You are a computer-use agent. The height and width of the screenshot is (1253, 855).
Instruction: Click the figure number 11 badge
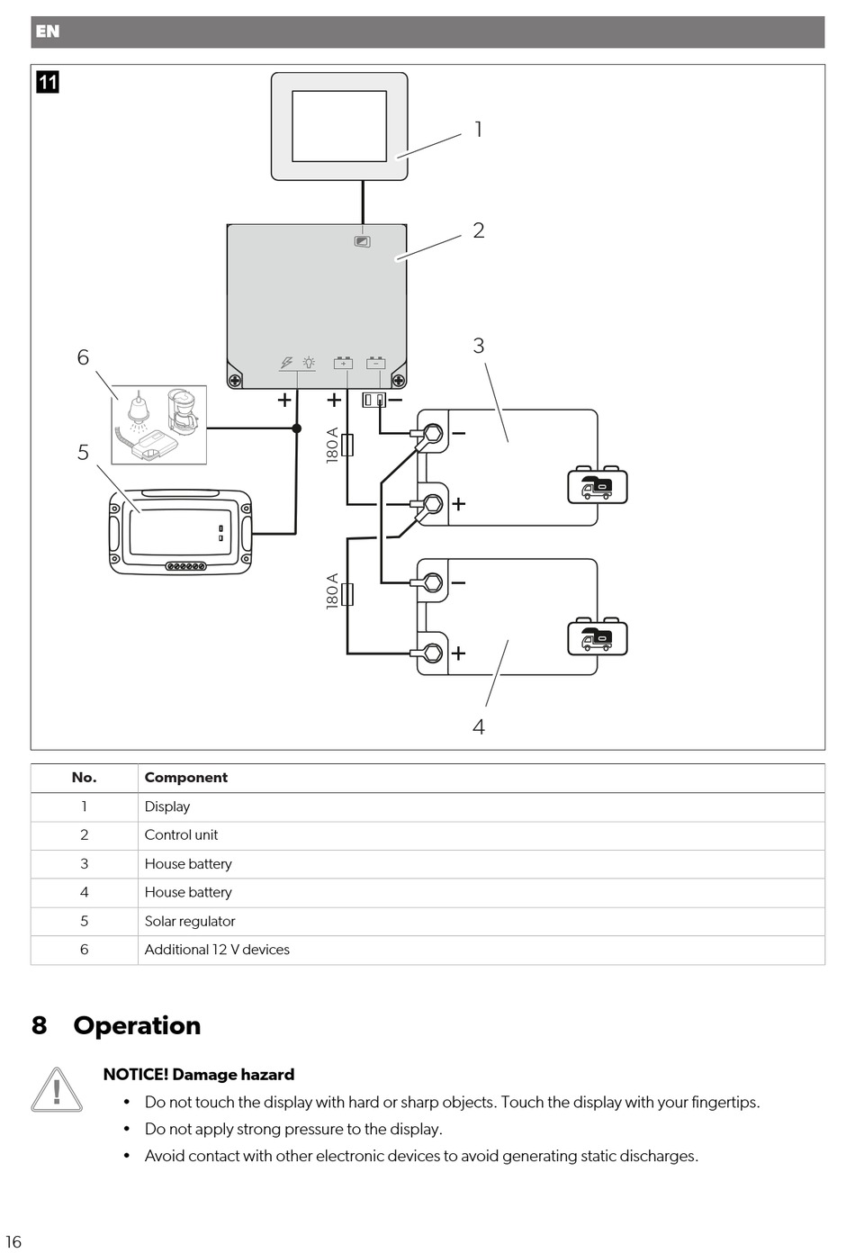48,82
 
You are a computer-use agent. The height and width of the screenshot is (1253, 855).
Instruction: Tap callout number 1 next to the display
478,130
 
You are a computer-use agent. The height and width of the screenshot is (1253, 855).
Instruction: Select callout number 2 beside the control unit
479,230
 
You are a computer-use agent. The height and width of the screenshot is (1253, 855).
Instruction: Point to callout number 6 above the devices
83,356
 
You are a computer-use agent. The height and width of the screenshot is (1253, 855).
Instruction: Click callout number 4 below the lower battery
479,726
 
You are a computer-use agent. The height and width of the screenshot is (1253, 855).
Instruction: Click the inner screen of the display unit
339,126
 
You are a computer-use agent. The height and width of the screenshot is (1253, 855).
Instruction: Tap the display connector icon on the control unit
363,241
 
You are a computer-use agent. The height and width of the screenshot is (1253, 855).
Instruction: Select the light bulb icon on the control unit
309,363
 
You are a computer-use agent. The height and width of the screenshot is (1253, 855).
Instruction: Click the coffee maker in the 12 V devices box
183,411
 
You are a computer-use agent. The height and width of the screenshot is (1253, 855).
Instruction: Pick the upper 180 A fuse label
332,446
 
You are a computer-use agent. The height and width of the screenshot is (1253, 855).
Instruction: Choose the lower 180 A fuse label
332,591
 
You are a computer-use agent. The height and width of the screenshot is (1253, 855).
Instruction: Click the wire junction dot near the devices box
297,428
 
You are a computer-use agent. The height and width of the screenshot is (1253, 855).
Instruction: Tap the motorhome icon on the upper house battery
598,485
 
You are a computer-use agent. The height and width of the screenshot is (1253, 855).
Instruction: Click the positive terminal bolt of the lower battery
433,653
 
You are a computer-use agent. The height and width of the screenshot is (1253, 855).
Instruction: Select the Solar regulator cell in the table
190,921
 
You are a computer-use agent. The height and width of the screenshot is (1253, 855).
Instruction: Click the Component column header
185,778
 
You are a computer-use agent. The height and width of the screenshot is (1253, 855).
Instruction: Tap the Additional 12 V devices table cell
217,950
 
